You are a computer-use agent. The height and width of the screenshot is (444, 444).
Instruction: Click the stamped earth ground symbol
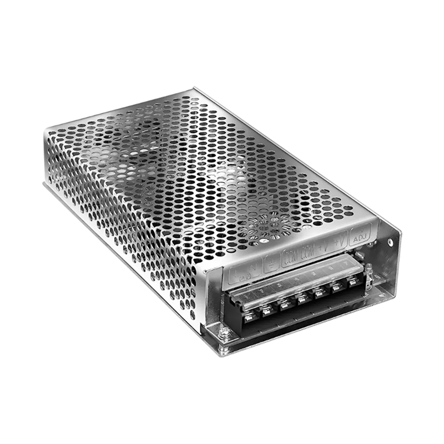pyautogui.click(x=270, y=265)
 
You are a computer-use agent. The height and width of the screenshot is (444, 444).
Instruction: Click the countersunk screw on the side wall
pyautogui.click(x=390, y=242)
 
